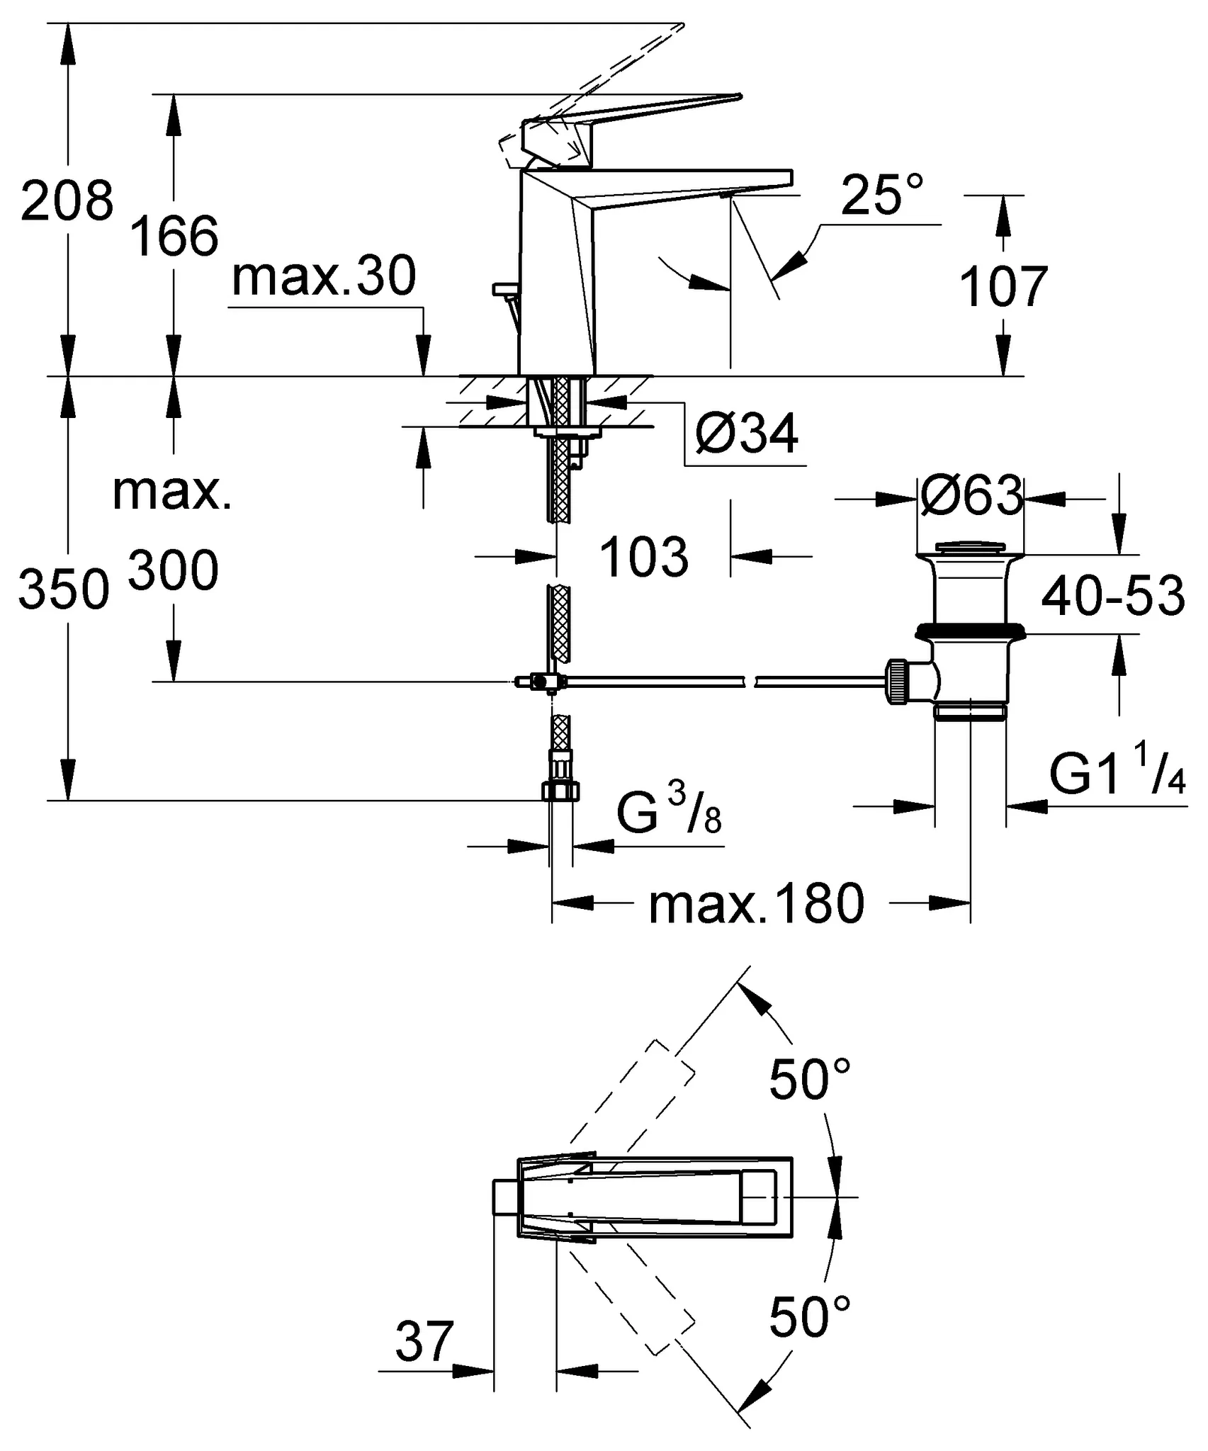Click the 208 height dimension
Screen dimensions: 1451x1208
coord(67,201)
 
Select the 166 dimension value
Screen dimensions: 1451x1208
coord(174,237)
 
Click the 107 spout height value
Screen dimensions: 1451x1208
coord(1003,287)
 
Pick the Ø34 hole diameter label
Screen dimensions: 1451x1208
coord(747,433)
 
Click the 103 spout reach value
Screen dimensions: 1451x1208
coord(643,556)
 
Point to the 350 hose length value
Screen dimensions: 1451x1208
coord(64,589)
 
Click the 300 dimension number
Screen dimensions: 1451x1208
coord(173,571)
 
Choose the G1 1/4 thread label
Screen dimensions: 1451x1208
coord(1117,776)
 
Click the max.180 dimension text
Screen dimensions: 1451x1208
coord(757,904)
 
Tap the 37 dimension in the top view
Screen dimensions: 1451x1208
coord(424,1340)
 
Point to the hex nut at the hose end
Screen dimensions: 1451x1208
coord(561,790)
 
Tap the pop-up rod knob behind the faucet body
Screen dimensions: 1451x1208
coord(505,288)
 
